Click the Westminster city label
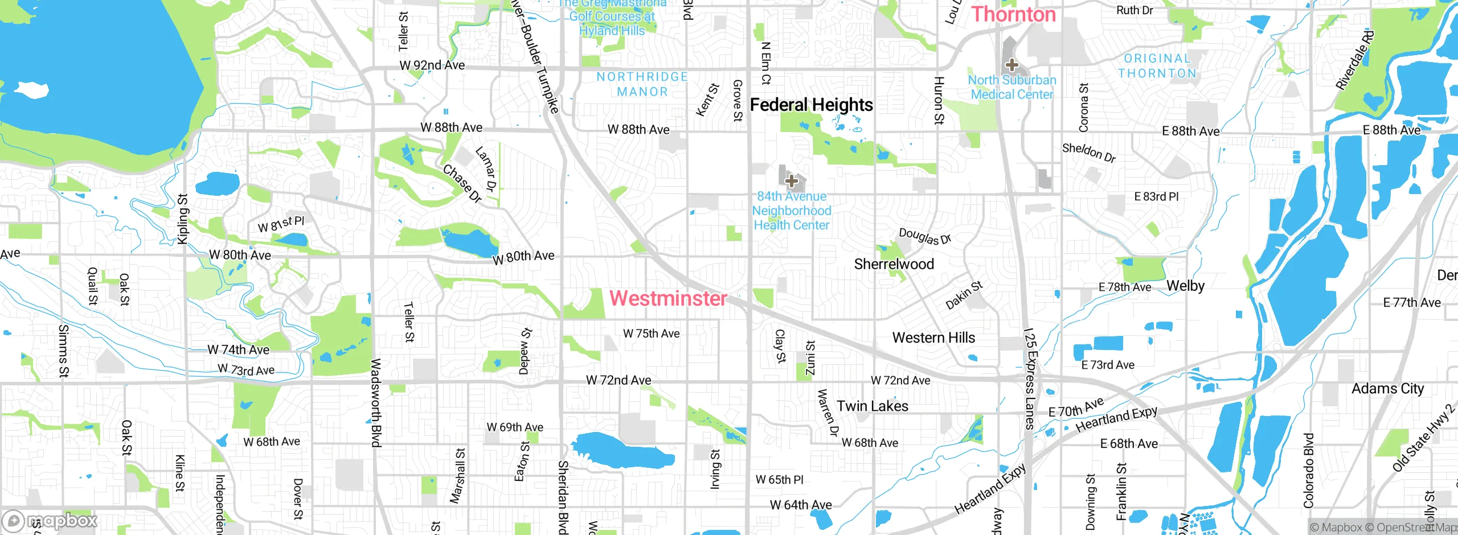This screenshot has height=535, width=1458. pos(668,298)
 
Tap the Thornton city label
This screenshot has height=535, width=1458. pos(1013,14)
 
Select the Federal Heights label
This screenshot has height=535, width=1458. pos(811,105)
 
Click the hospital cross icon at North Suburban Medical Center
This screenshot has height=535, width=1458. pos(1011,64)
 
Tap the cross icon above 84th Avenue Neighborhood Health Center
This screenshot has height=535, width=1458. pos(791,181)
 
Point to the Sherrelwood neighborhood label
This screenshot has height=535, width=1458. pos(894,264)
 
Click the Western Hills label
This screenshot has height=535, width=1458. pos(933,338)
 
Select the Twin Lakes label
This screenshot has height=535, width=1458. pos(873,406)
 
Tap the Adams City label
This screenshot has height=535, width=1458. pos(1387,389)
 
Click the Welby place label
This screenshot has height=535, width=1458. pos(1185,286)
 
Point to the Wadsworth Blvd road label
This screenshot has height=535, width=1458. pos(376,402)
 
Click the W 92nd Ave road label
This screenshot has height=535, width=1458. pos(432,65)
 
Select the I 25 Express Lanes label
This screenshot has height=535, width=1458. pos(1029,378)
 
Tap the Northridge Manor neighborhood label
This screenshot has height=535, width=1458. pos(642,84)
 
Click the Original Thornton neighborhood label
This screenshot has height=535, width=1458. pos(1157,66)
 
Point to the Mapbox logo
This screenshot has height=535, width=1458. pos(50,521)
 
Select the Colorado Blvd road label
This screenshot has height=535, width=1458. pos(1309,470)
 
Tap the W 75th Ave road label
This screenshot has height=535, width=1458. pos(651,334)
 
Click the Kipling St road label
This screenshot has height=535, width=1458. pos(182,219)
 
